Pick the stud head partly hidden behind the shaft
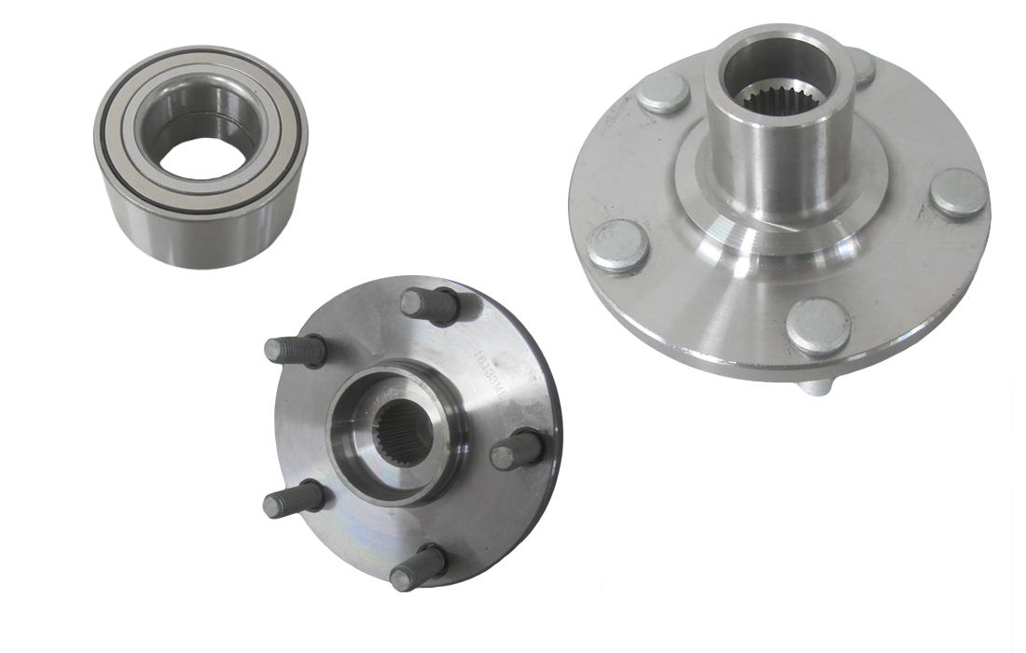(863, 67)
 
